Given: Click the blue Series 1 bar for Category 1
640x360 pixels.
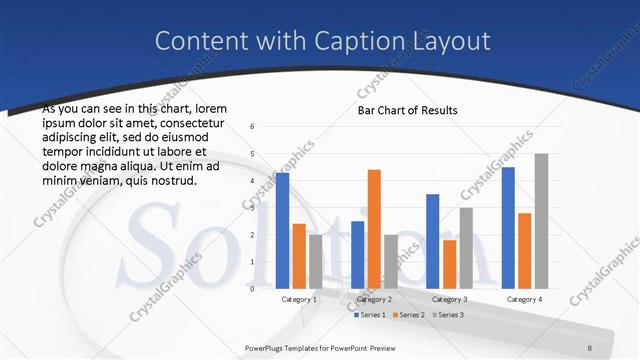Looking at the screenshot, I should point(283,231).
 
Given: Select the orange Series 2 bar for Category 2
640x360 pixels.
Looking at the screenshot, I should point(374,229).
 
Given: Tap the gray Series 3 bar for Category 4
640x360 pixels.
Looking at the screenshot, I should point(541,221).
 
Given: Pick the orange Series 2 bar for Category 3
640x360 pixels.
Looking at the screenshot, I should point(449,264).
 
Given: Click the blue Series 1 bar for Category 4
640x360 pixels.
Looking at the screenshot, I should point(508,228).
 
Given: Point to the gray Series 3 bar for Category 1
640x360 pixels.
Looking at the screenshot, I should point(316,262).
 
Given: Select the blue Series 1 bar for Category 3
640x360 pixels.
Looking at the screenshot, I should point(432,241).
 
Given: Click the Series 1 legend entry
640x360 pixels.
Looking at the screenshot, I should point(372,315).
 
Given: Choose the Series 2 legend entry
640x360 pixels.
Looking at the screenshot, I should point(407,315).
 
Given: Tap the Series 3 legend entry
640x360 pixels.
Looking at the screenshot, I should point(446,315).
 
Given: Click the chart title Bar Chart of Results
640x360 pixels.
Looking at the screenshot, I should point(407,110).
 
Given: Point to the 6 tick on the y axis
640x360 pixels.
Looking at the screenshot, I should point(253,127).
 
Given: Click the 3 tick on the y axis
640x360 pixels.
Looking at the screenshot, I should point(253,208).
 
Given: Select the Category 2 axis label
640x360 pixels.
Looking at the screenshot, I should point(374,299).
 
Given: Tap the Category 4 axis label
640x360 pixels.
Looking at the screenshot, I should point(525,299).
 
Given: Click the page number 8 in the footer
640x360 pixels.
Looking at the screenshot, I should point(590,347).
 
